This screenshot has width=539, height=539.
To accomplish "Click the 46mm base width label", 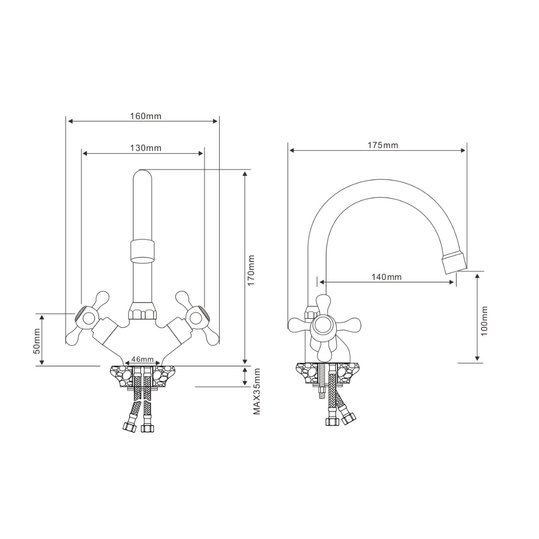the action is (x=143, y=359).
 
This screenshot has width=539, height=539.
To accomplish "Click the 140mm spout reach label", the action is (x=386, y=276).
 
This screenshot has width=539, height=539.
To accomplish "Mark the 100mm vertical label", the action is (x=484, y=321).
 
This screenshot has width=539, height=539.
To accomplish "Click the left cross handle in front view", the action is (x=87, y=318).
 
